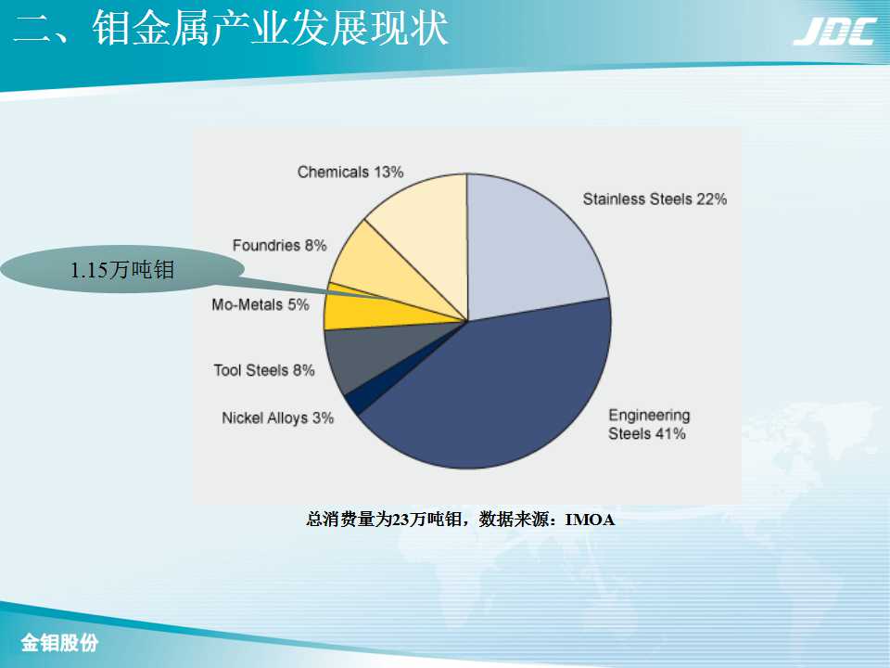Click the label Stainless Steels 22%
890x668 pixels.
[655, 199]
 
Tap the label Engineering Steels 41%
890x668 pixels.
[649, 424]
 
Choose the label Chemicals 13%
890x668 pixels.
[350, 172]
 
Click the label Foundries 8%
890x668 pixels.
[279, 245]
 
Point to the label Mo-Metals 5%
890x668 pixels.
[260, 304]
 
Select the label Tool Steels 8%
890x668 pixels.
[264, 370]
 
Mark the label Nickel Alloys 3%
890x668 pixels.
[277, 418]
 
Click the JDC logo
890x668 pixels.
[835, 32]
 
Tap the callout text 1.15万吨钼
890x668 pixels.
[121, 270]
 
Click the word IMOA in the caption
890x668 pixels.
[590, 520]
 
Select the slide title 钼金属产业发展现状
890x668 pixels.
[270, 29]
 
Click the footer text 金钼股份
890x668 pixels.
[59, 643]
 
